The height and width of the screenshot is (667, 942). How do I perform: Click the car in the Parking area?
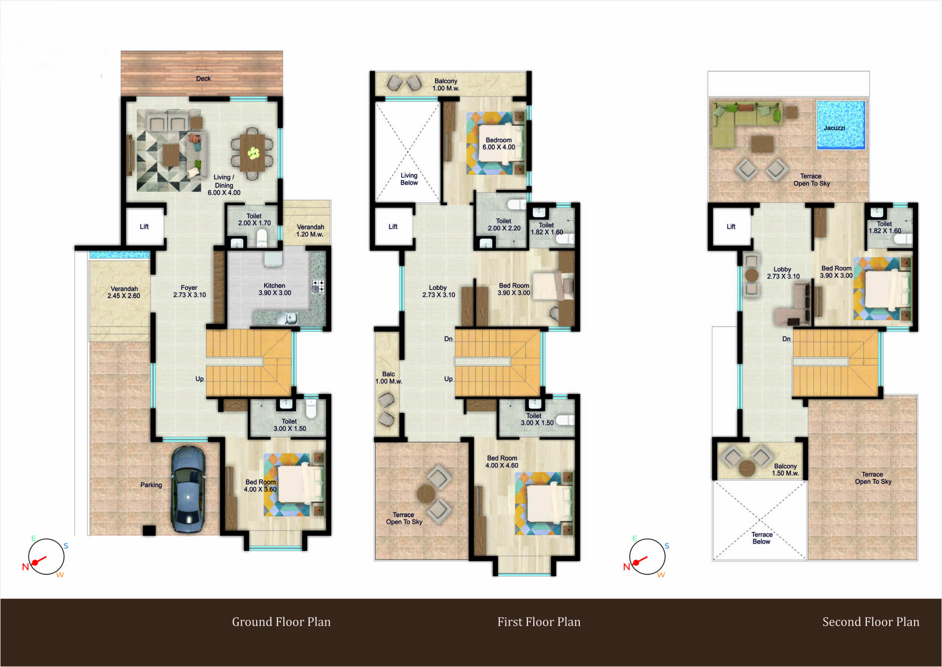click(188, 489)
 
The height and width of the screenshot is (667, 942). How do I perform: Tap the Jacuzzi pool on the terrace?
click(841, 125)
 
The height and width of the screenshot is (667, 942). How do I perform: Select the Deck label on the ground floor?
click(203, 78)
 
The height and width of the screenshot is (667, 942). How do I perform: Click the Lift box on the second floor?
click(731, 226)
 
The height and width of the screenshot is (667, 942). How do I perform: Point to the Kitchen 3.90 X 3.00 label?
click(275, 289)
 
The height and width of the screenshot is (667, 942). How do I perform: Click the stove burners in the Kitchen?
click(318, 286)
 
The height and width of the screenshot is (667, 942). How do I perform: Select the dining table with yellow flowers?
click(253, 153)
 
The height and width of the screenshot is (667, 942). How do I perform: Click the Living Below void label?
click(409, 179)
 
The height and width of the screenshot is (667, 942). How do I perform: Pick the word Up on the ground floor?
click(199, 379)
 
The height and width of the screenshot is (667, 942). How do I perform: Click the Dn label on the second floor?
click(786, 339)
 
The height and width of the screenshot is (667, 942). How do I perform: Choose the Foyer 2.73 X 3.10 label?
click(189, 291)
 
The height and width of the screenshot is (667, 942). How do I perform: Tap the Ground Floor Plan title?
click(281, 622)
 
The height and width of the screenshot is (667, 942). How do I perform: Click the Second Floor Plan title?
click(871, 622)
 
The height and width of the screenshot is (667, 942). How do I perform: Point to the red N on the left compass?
click(25, 567)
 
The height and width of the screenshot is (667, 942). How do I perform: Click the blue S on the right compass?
click(667, 546)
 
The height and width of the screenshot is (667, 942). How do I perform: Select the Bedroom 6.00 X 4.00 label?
click(499, 144)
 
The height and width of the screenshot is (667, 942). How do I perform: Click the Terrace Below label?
click(762, 538)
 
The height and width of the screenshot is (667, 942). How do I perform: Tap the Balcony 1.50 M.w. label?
click(785, 470)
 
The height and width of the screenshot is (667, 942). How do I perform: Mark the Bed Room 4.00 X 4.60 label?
click(502, 461)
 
